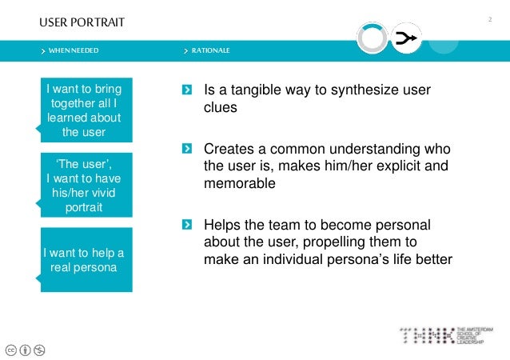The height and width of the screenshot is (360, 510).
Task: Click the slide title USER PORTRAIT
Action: [82, 22]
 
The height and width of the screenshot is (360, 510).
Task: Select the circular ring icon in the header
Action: [372, 38]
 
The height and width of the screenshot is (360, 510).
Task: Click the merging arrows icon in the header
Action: [407, 38]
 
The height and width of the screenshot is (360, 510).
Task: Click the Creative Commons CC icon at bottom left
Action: [10, 349]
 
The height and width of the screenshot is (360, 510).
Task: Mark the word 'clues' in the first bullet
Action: [221, 108]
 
